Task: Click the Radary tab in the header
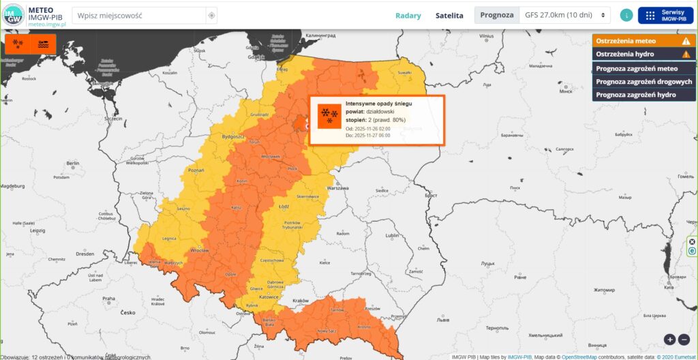[x=408, y=15]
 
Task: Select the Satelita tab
[x=449, y=15]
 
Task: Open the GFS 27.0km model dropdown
[x=565, y=15]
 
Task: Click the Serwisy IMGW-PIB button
[x=665, y=15]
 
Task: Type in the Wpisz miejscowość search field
[x=139, y=15]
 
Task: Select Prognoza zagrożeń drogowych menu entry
[x=643, y=81]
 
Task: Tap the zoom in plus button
[x=669, y=339]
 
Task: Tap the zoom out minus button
[x=684, y=339]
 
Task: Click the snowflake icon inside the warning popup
[x=329, y=115]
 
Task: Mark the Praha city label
[x=109, y=299]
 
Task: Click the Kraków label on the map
[x=300, y=301]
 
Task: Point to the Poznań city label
[x=196, y=170]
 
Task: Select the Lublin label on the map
[x=392, y=235]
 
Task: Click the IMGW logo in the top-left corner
[x=13, y=15]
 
